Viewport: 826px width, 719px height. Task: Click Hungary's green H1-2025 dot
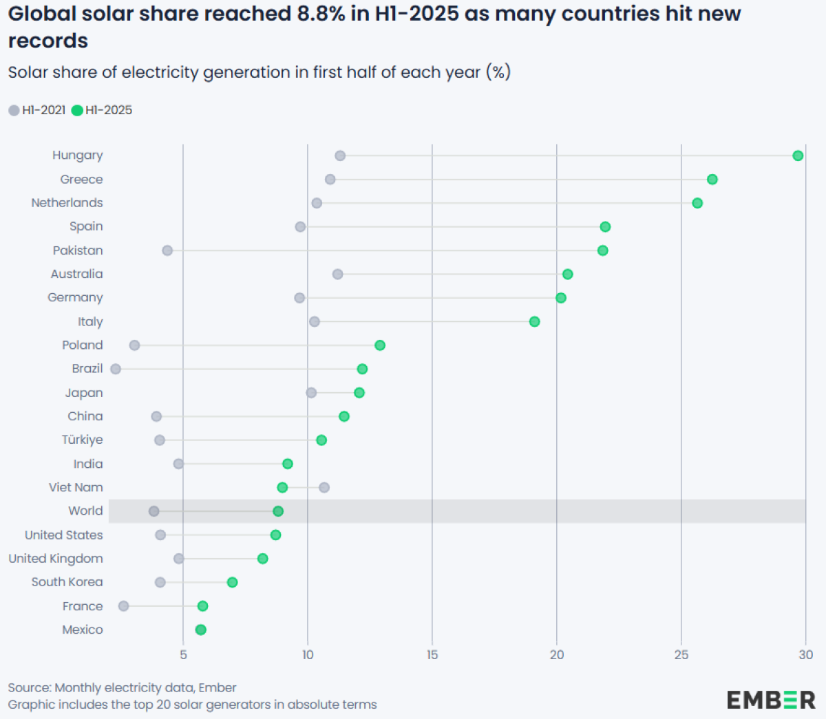[798, 155]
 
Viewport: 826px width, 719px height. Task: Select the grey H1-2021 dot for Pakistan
[167, 250]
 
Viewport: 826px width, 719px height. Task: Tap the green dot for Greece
[712, 180]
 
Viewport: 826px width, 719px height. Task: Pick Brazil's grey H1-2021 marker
[116, 369]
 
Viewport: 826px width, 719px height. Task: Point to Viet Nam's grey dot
[324, 487]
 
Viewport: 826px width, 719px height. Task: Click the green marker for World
[278, 511]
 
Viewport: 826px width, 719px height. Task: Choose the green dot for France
[202, 606]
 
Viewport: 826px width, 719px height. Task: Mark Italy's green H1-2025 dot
[534, 321]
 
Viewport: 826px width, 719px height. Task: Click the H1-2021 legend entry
[37, 110]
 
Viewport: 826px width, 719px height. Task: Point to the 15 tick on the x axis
[432, 655]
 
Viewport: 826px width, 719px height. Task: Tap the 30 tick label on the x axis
[805, 655]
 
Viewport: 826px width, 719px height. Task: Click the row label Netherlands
[67, 203]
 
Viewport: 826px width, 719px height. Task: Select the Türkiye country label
[82, 440]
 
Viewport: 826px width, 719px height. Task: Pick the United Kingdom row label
[56, 559]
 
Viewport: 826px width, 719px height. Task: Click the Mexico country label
[83, 630]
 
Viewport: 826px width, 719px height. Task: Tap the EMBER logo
[771, 700]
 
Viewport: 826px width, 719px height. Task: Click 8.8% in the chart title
[321, 14]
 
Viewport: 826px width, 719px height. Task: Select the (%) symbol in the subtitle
[498, 72]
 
